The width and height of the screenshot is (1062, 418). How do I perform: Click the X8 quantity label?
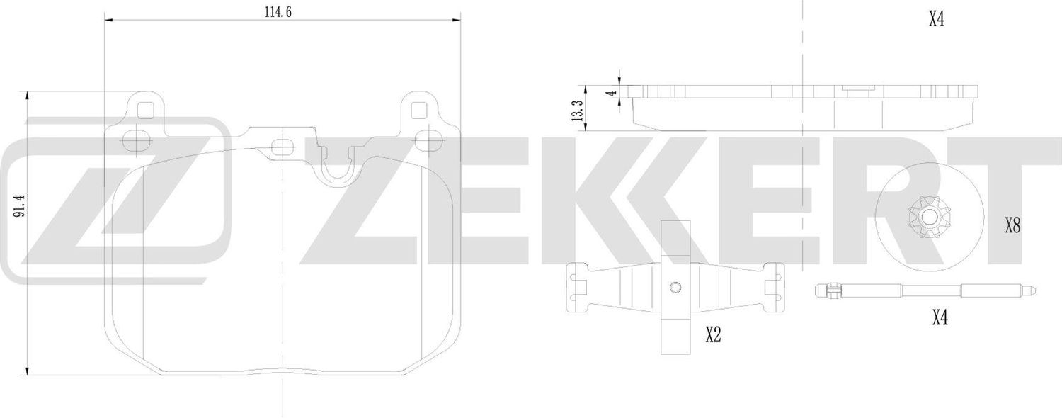pyautogui.click(x=1012, y=227)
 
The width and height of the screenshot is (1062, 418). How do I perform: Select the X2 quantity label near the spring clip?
pyautogui.click(x=713, y=336)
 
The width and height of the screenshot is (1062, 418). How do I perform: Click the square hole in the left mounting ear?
pyautogui.click(x=144, y=111)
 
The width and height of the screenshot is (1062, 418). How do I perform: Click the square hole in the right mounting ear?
pyautogui.click(x=419, y=111)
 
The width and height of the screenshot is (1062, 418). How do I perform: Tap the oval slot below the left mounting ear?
pyautogui.click(x=133, y=140)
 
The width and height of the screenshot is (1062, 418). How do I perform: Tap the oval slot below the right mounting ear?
pyautogui.click(x=427, y=140)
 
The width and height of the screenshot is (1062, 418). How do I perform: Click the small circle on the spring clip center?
pyautogui.click(x=675, y=287)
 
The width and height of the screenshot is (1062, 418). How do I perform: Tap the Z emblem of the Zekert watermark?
pyautogui.click(x=117, y=201)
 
